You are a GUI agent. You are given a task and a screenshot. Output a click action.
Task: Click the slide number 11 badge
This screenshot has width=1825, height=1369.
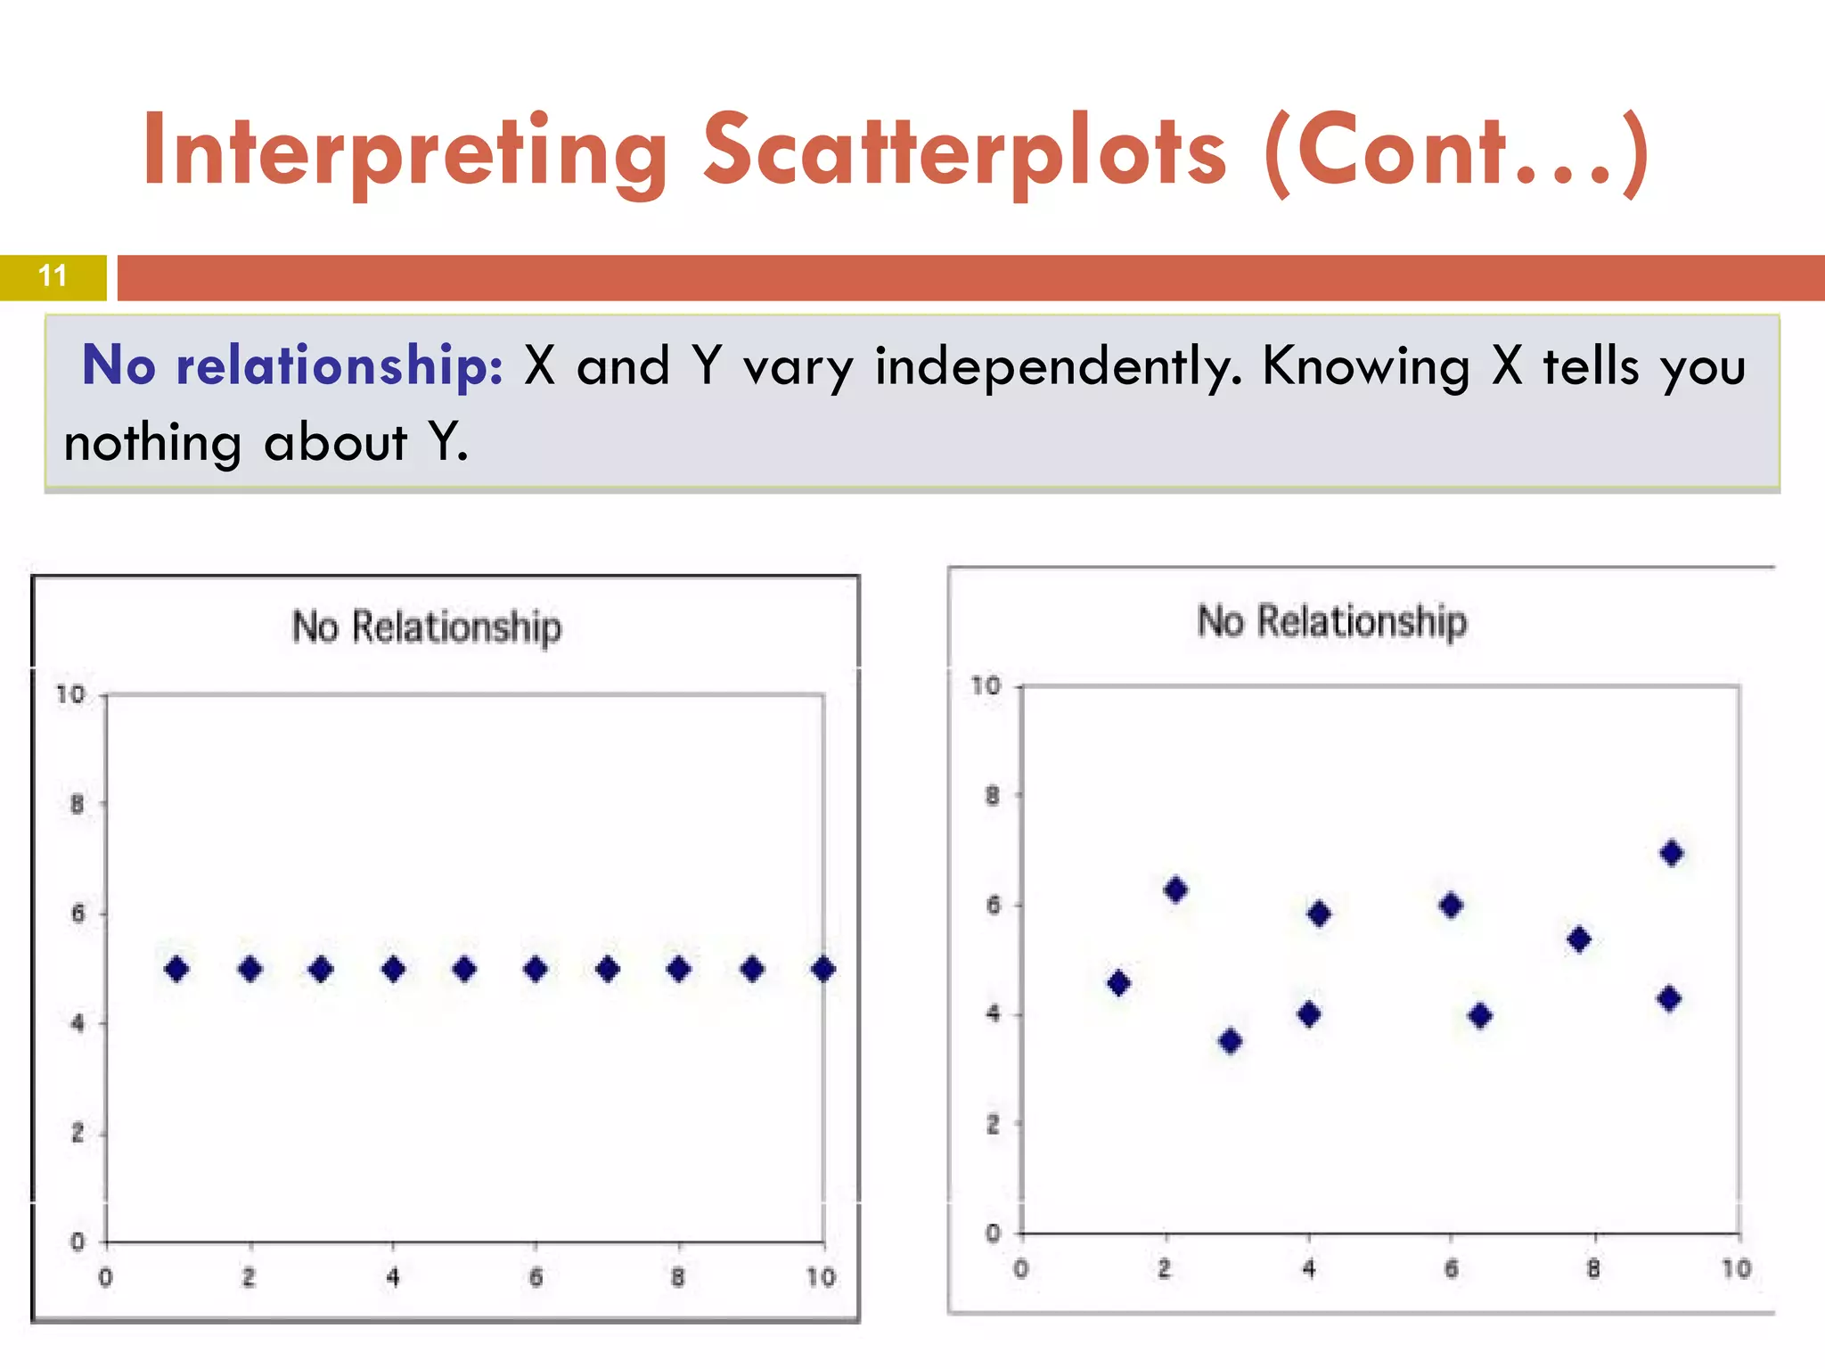tap(53, 276)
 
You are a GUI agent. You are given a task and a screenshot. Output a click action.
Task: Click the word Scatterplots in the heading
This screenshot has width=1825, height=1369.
tap(965, 152)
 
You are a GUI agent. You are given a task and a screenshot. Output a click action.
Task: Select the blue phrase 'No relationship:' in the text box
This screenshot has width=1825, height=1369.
tap(292, 365)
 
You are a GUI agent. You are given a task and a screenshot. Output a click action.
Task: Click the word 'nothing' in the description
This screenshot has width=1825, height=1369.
tap(152, 443)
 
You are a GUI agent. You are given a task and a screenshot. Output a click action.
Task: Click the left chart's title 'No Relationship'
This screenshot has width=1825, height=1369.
tap(427, 627)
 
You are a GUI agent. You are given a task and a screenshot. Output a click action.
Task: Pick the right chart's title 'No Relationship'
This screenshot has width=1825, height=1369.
tap(1331, 621)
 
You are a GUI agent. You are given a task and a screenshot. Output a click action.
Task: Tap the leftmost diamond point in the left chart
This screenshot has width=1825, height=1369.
tap(176, 969)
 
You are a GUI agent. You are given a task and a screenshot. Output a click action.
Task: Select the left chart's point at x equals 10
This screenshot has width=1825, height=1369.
tap(823, 969)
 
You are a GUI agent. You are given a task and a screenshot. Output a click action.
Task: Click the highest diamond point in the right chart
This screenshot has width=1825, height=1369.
tap(1672, 853)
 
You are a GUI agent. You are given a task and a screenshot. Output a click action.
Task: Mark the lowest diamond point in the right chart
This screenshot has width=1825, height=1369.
tap(1231, 1041)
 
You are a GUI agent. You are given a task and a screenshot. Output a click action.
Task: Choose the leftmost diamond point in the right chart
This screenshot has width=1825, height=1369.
tap(1119, 984)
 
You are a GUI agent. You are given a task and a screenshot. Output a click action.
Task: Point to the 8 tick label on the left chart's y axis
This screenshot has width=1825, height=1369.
tap(78, 805)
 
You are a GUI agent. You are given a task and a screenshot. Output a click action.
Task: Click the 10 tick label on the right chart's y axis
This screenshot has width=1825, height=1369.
tap(986, 685)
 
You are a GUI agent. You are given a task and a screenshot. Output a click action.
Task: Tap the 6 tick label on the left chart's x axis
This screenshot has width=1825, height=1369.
tap(536, 1278)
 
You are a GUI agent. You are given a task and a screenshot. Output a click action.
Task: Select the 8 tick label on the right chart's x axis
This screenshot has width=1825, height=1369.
tap(1593, 1269)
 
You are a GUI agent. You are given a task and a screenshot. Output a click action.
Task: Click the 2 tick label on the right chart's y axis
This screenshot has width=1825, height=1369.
tap(993, 1125)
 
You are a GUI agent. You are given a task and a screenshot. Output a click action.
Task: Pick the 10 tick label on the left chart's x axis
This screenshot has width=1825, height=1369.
tap(821, 1278)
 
